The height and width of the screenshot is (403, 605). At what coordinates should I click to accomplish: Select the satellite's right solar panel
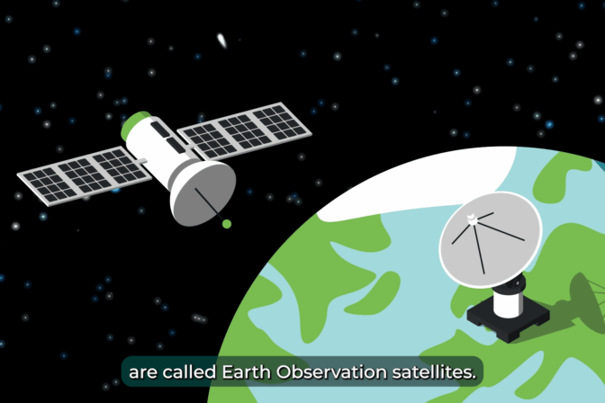pos(244,131)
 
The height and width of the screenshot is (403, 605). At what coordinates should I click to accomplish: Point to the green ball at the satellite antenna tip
pos(227,223)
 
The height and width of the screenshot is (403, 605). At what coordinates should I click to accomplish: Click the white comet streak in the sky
pos(221,40)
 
